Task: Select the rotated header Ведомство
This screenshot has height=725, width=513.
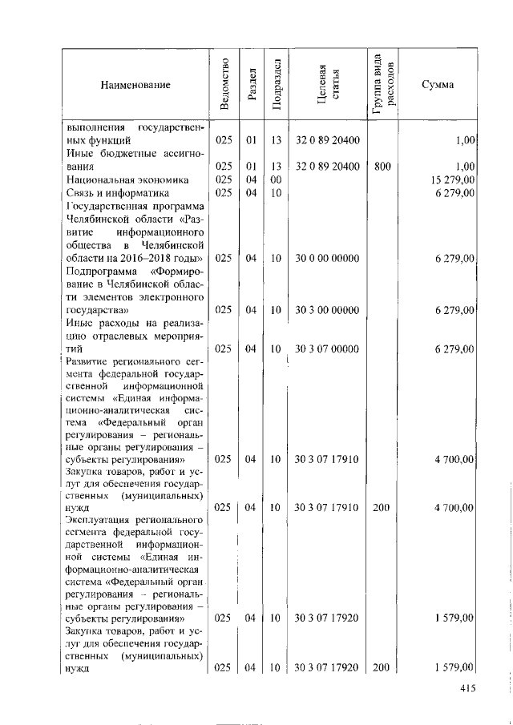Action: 224,83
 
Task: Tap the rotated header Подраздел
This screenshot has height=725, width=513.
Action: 275,83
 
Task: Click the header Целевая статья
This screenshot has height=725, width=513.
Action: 327,83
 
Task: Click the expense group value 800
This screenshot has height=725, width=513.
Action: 382,167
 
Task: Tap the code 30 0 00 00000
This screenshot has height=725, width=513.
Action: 327,258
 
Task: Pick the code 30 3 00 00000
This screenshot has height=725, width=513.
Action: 327,310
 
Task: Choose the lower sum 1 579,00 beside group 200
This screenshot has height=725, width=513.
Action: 455,667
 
